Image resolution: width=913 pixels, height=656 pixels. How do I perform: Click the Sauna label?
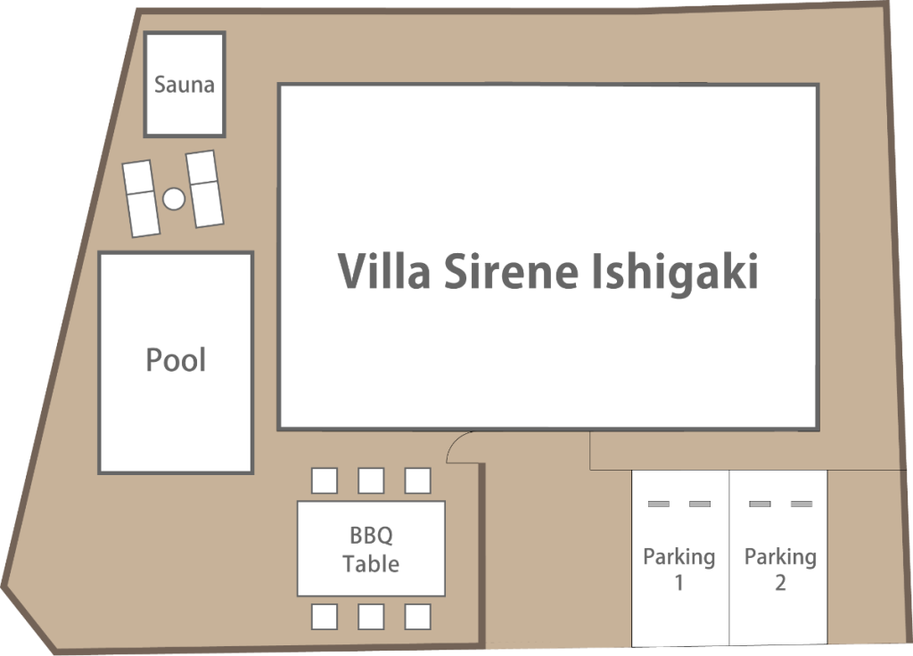184,85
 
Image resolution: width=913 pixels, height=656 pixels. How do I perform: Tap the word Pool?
176,360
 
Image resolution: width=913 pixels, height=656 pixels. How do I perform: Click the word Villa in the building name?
384,271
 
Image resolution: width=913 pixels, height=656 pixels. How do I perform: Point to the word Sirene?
511,271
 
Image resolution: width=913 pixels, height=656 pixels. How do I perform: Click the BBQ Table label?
371,549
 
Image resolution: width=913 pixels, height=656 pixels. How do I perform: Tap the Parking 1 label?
679,570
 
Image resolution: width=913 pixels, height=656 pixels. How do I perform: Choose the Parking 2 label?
780,570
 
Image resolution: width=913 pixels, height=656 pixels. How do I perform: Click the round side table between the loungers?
173,199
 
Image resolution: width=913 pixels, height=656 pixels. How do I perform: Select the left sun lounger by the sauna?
141,199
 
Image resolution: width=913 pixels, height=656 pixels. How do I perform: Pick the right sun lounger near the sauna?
204,189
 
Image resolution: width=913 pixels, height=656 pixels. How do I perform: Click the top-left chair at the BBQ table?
325,480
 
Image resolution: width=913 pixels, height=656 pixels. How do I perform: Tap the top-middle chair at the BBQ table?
371,480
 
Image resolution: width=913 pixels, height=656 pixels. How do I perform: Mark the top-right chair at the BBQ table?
417,480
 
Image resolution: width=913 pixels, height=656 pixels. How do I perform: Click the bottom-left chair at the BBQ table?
325,617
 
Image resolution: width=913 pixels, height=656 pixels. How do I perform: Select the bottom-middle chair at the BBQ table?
371,617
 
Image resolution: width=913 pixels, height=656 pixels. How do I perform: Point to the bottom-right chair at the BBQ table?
417,617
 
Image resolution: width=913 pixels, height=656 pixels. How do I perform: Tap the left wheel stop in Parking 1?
659,504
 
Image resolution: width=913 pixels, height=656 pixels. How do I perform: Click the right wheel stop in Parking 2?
802,504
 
